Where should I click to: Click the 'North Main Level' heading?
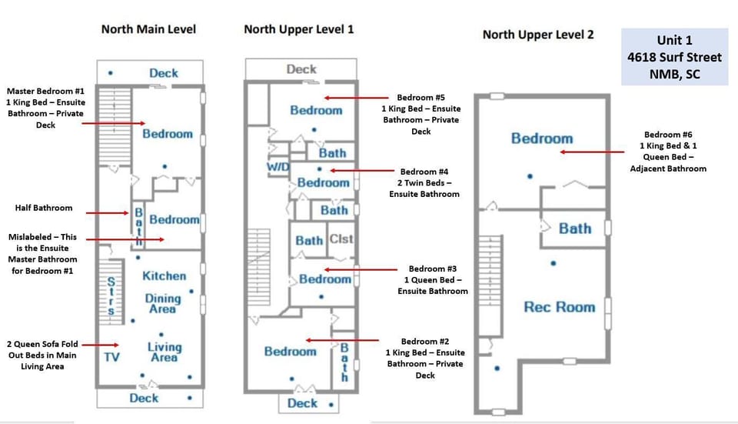pyautogui.click(x=148, y=29)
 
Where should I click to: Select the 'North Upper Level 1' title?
pyautogui.click(x=299, y=29)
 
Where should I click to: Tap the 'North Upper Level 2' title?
pyautogui.click(x=538, y=35)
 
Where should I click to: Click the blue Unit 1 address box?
pyautogui.click(x=674, y=57)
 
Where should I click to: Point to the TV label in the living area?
pyautogui.click(x=111, y=357)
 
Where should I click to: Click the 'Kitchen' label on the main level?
pyautogui.click(x=164, y=275)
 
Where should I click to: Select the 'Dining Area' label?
pyautogui.click(x=163, y=303)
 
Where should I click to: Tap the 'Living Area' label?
pyautogui.click(x=164, y=352)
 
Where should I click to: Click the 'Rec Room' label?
pyautogui.click(x=559, y=307)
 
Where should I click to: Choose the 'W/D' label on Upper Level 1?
pyautogui.click(x=278, y=167)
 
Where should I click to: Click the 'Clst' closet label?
pyautogui.click(x=341, y=239)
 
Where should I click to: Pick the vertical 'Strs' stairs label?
pyautogui.click(x=111, y=295)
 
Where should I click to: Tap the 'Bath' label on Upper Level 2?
pyautogui.click(x=574, y=229)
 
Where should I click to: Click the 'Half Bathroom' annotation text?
pyautogui.click(x=44, y=208)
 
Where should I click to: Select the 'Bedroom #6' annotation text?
pyautogui.click(x=673, y=151)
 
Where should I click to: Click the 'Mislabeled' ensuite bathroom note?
pyautogui.click(x=43, y=254)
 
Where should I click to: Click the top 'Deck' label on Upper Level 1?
pyautogui.click(x=301, y=69)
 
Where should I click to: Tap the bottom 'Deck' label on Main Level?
pyautogui.click(x=144, y=398)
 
